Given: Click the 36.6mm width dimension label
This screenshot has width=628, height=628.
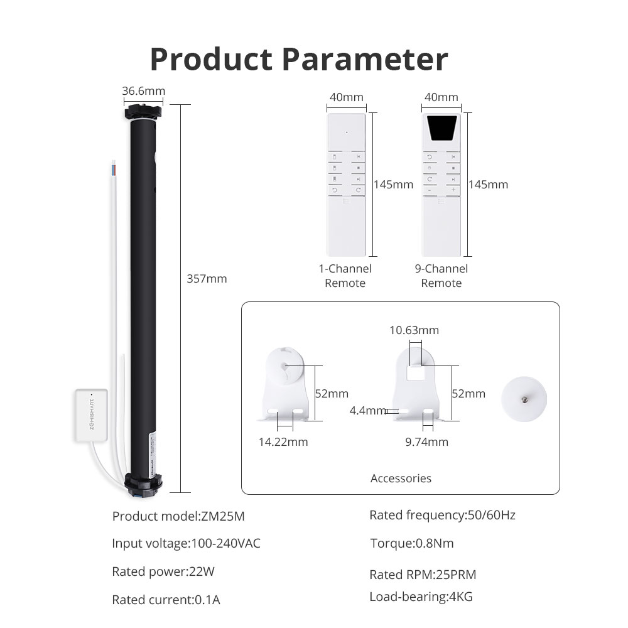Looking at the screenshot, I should (143, 91).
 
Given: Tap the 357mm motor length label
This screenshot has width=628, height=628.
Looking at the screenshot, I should (207, 278).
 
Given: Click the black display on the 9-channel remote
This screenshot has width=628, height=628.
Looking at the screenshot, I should (441, 129).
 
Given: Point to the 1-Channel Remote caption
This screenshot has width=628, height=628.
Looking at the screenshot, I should (345, 276).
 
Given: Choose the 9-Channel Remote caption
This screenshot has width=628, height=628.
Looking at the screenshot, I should (441, 276).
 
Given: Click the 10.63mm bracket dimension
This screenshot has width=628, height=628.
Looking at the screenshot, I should (414, 330).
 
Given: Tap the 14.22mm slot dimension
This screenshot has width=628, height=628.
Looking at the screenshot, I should (283, 441).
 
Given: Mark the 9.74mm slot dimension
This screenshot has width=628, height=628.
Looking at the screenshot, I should (426, 441).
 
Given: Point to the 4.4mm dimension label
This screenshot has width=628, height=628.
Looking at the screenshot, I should (368, 410).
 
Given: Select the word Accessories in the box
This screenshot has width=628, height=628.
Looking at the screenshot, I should (401, 479).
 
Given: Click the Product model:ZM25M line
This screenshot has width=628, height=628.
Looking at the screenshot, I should (178, 516).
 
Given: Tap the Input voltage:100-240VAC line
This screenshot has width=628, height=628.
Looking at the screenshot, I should (186, 543).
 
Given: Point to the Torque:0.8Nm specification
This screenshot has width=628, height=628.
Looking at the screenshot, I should (412, 543).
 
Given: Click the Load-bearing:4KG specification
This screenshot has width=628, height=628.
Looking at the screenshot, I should (421, 597).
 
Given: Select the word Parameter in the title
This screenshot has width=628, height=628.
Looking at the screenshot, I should (365, 59).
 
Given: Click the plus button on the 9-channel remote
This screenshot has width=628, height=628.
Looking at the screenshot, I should (452, 190).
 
